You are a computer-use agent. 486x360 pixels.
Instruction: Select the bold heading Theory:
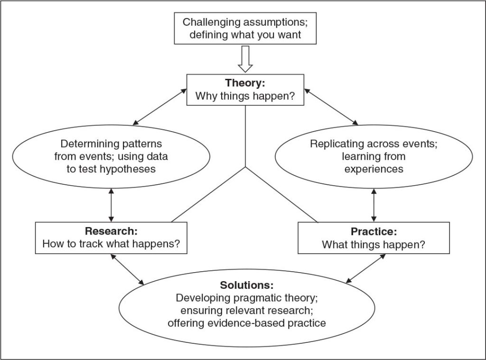[245, 83]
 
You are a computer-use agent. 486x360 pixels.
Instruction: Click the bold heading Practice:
[374, 232]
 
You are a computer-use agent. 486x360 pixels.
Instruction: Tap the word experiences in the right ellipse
[374, 169]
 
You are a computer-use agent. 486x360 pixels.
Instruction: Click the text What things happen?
[374, 245]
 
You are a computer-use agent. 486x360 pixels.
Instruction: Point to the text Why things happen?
[245, 96]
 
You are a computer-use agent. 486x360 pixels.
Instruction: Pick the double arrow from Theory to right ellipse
[331, 108]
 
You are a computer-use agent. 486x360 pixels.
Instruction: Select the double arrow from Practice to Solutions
[365, 270]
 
